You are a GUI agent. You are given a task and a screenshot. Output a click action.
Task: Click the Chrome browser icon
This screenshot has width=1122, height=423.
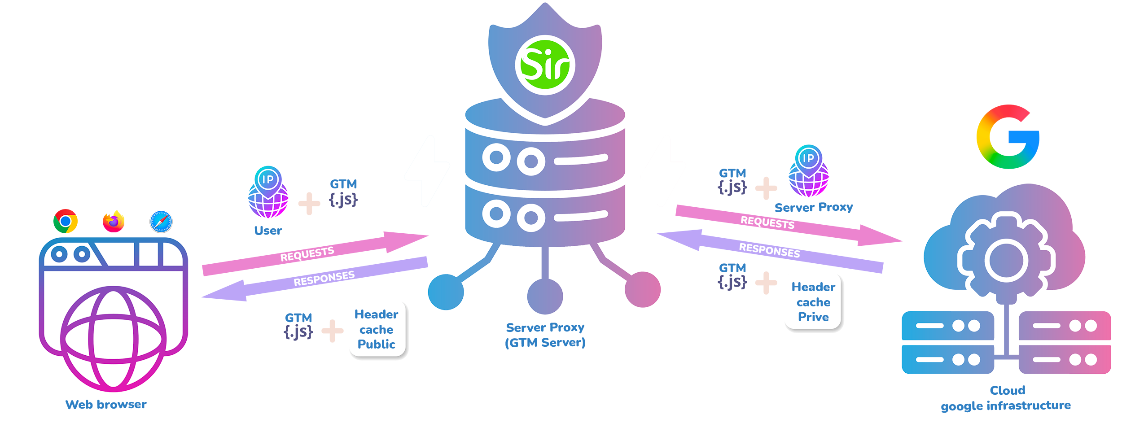(66, 221)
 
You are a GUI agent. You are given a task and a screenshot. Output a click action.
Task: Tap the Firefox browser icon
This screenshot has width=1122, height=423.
(114, 221)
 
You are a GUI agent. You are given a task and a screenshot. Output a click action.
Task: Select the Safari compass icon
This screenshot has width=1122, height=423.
(161, 221)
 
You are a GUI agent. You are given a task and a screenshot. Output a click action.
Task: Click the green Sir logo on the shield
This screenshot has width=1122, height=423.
(545, 65)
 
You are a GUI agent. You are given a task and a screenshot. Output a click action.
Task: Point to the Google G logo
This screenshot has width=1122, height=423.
(1008, 137)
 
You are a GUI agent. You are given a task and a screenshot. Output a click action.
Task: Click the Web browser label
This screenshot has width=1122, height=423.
(106, 405)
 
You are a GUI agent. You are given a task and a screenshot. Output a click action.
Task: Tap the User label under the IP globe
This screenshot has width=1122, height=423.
(268, 231)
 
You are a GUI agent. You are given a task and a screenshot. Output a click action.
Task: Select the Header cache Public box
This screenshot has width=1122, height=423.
(377, 329)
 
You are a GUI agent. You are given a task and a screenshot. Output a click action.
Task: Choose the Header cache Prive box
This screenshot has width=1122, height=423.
(813, 302)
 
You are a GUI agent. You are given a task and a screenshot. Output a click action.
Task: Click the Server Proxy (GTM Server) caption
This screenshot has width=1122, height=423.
(545, 335)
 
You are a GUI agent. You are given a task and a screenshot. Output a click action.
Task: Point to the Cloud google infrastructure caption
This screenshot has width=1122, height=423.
(1006, 398)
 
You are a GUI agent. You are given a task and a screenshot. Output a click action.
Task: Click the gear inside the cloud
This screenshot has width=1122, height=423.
(1006, 260)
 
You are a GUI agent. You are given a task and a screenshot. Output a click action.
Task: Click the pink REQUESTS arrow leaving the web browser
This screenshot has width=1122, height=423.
(314, 253)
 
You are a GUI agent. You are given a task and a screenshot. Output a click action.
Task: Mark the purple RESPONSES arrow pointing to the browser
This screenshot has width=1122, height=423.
(314, 279)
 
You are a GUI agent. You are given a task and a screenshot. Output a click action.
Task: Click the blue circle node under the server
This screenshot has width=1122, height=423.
(446, 292)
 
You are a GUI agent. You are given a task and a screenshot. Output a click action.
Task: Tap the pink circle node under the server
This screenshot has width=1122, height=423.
(642, 290)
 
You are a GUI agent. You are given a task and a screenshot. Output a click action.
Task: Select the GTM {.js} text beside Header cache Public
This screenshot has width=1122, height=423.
(298, 326)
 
